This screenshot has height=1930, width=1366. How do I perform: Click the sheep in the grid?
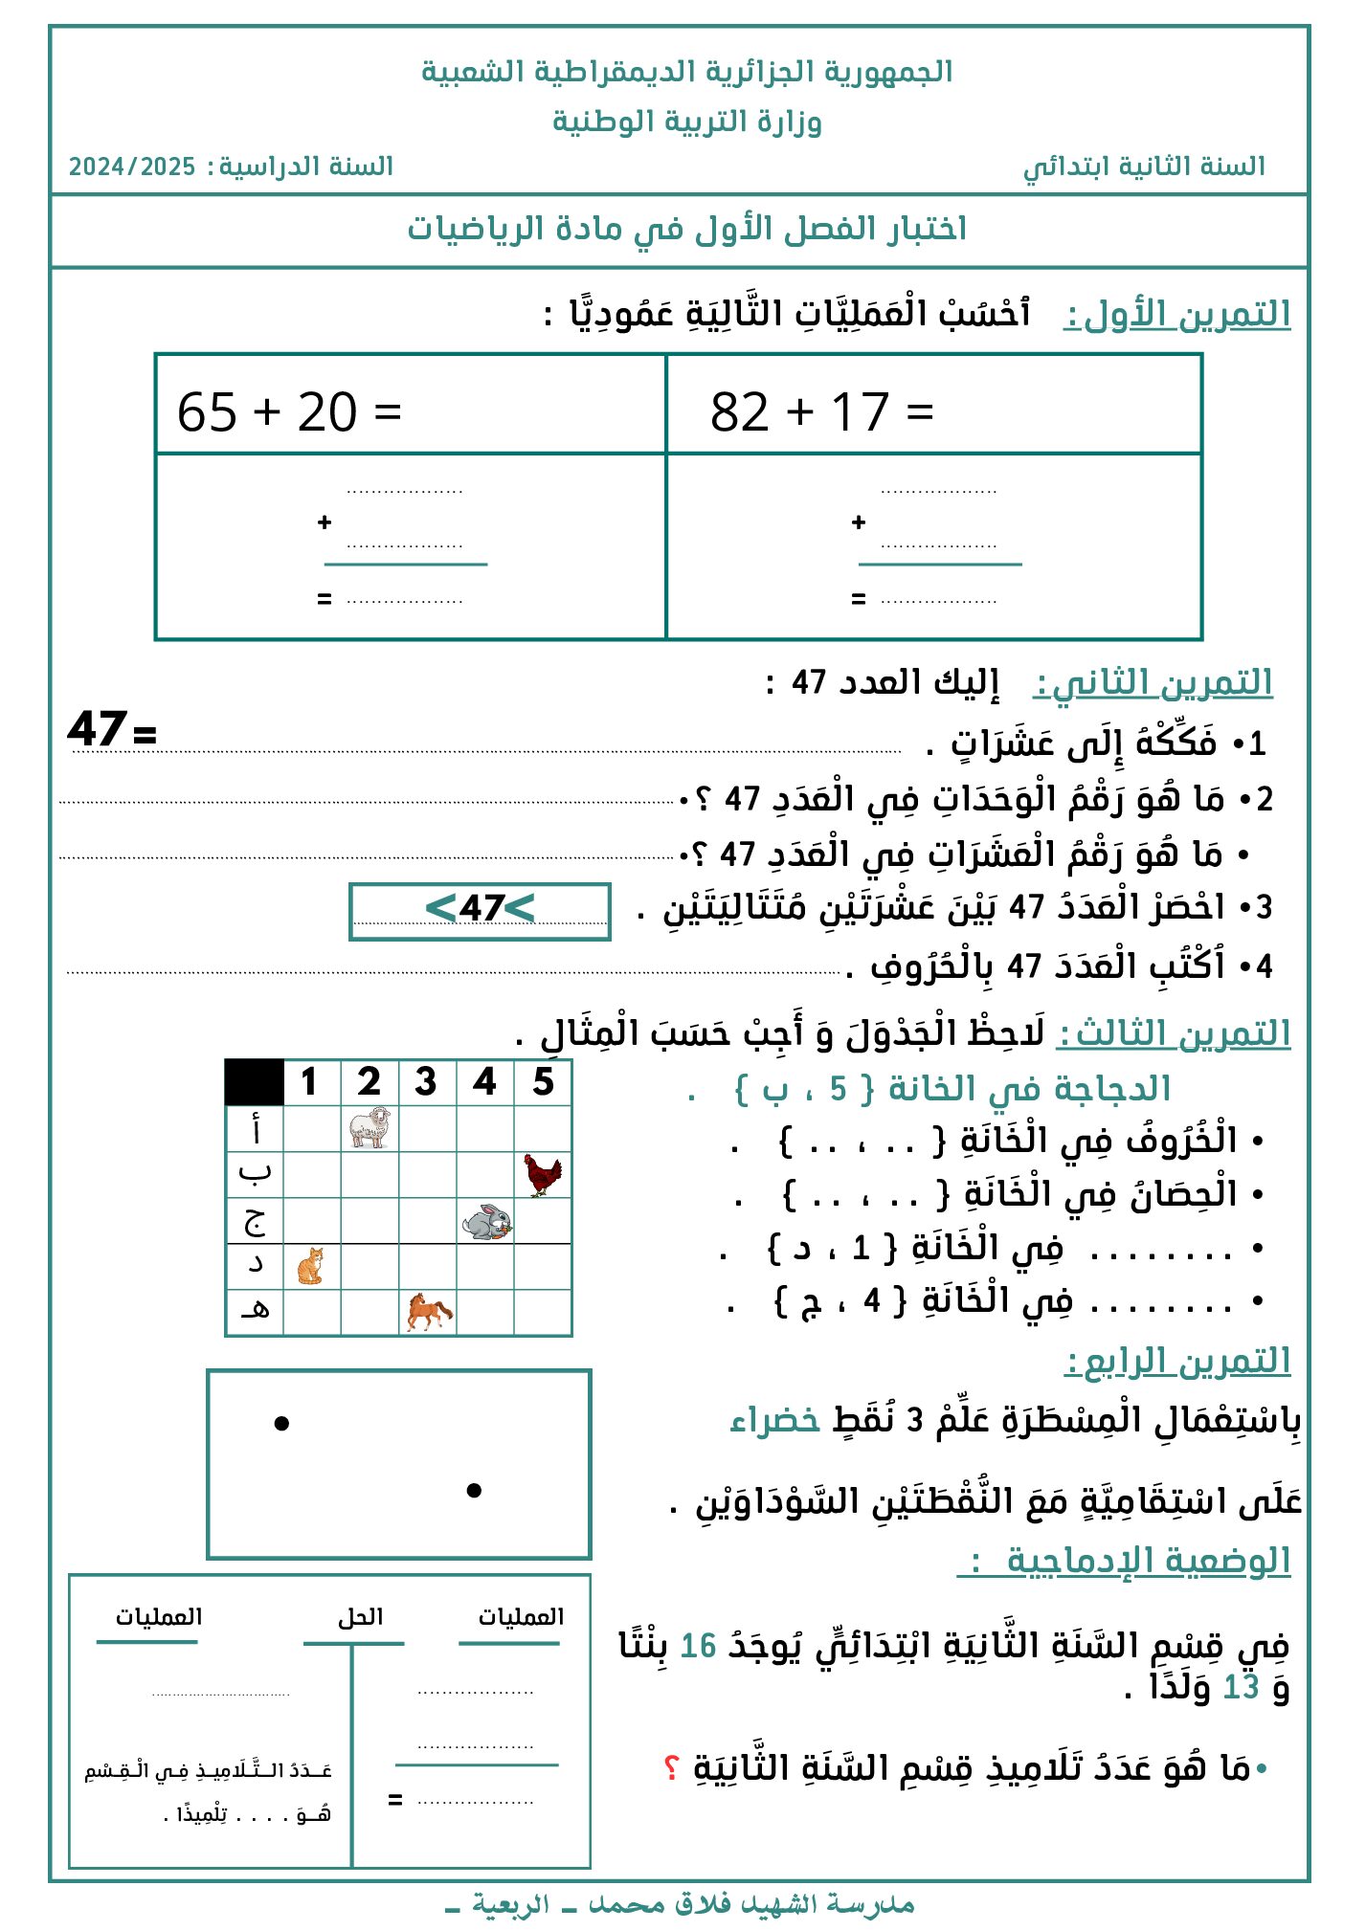[369, 1127]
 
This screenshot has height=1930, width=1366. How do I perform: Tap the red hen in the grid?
[542, 1174]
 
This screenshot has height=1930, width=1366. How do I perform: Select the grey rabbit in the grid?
[486, 1222]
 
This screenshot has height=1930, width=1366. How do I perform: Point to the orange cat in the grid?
[311, 1266]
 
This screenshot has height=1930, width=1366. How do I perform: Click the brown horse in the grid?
[428, 1311]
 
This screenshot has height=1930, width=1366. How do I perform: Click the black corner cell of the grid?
[255, 1082]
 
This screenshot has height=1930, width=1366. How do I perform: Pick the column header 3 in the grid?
[426, 1082]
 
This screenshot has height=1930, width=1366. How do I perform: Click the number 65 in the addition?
[207, 412]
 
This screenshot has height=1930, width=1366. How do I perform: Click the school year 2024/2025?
[132, 167]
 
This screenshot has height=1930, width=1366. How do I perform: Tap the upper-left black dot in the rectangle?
[281, 1424]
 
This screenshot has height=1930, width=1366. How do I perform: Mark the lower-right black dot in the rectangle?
[474, 1490]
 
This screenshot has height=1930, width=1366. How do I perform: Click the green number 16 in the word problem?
[698, 1646]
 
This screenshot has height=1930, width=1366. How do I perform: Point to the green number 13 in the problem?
[1241, 1687]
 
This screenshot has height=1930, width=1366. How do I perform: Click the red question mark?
[671, 1766]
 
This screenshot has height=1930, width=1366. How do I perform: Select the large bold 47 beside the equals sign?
[97, 729]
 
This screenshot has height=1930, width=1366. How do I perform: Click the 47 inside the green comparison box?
[481, 908]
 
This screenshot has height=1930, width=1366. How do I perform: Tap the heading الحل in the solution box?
[360, 1617]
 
